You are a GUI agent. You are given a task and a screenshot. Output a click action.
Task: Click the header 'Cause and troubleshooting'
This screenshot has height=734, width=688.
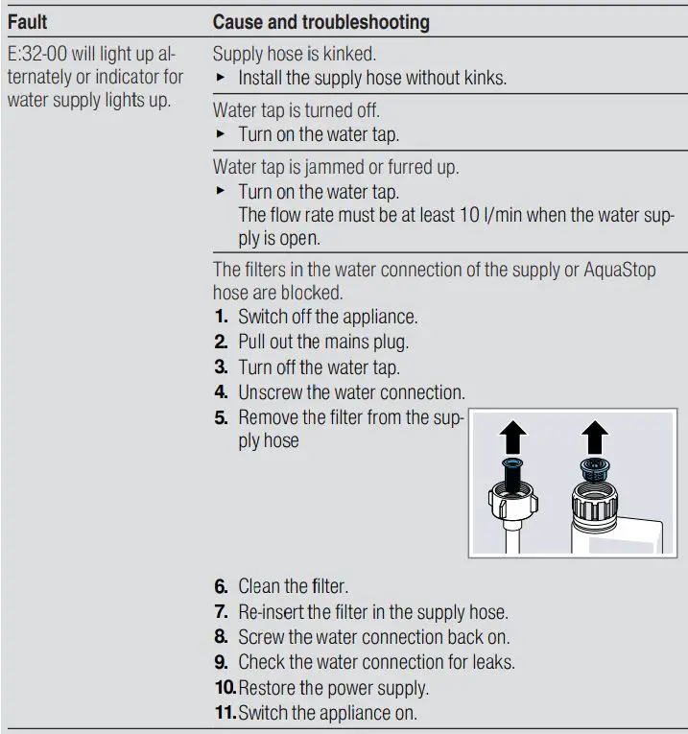[320, 21]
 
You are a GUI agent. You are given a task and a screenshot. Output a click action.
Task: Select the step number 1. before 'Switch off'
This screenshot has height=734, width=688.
[221, 317]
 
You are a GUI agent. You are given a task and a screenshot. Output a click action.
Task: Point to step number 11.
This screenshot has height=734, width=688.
[224, 713]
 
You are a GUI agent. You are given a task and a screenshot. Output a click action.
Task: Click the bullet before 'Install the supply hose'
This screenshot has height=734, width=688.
[221, 79]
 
